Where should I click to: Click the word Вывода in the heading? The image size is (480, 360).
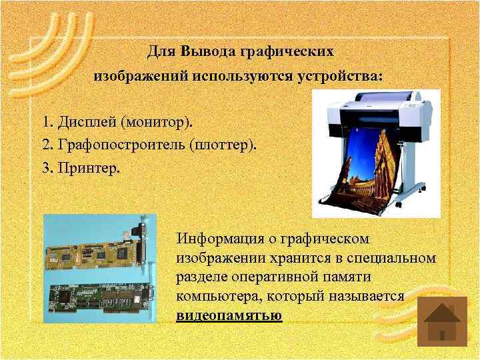pos(204,51)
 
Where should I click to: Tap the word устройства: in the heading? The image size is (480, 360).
pos(345,76)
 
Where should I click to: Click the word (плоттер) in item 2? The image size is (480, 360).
pos(222,145)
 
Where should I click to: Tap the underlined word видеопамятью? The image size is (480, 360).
pos(229,315)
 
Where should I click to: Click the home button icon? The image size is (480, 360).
pos(441,321)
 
